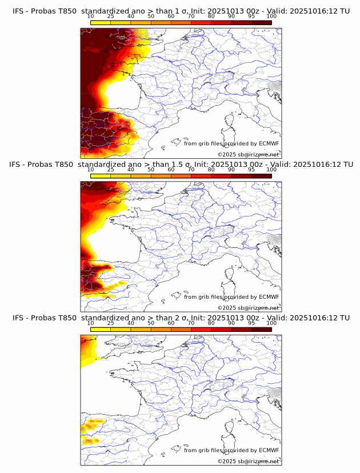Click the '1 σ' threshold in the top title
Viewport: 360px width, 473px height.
tap(174, 11)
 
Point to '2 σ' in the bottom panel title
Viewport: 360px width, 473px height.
tap(174, 318)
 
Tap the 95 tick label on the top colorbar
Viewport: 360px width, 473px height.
tap(251, 16)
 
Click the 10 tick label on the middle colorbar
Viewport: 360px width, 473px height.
tap(91, 169)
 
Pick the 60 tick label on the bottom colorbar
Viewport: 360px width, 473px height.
tap(171, 323)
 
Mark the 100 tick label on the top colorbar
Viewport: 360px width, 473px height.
tap(271, 16)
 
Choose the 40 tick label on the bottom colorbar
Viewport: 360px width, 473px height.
tap(131, 323)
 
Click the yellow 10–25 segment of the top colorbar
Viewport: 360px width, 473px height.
tap(101, 22)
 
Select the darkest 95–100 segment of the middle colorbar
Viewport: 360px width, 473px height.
tap(262, 175)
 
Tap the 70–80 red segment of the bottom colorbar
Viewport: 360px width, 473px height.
tap(201, 329)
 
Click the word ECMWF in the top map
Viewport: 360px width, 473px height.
tap(269, 143)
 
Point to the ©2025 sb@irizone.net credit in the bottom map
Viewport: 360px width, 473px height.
tap(248, 461)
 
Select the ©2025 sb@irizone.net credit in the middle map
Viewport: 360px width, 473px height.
tap(248, 307)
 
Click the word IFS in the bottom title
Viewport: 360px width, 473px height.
tap(18, 318)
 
